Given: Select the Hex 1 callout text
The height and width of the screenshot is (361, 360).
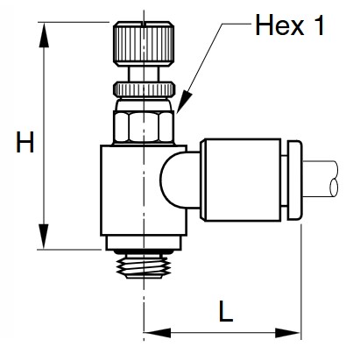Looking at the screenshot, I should click(290, 26).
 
